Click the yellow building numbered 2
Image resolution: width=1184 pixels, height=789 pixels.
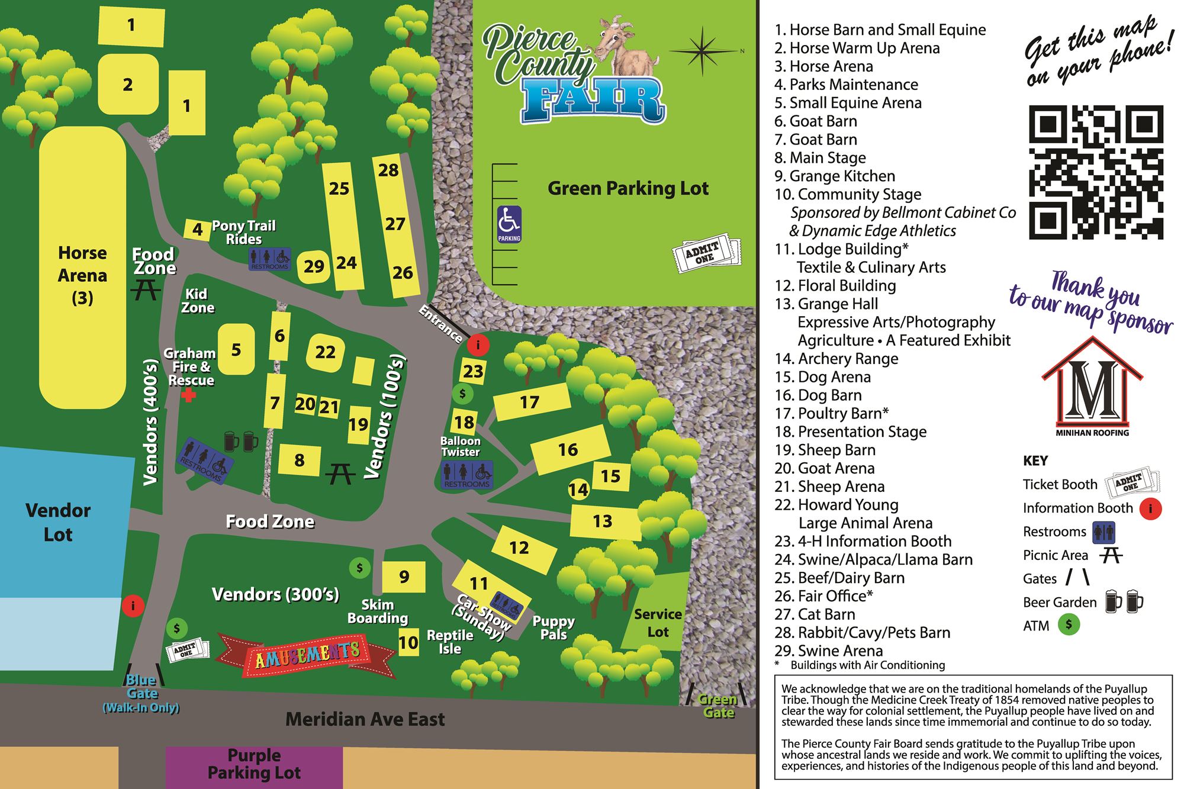coord(128,84)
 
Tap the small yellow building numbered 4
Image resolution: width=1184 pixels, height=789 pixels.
coord(197,229)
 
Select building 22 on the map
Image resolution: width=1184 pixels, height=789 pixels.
coord(325,353)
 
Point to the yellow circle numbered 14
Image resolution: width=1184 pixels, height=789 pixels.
coord(578,489)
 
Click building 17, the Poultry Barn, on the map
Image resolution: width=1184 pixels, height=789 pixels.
coord(530,402)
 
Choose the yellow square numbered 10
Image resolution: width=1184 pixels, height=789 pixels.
coord(408,642)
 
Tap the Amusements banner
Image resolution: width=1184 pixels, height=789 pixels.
coord(307,655)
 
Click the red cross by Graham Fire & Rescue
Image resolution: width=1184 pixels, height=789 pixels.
coord(189,395)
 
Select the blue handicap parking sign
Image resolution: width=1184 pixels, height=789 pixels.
coord(509,224)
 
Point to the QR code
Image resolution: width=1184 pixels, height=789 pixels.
coord(1096,172)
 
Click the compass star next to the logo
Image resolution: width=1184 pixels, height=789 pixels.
coord(702,51)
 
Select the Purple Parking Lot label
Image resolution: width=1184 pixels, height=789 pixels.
coord(254,764)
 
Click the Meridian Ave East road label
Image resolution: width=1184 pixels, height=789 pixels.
coord(365,719)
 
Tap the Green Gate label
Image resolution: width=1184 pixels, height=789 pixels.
coord(718,706)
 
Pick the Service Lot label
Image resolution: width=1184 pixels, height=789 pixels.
coord(658,623)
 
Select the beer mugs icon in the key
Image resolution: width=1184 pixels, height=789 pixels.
coord(1124,602)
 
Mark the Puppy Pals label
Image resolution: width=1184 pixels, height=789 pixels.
coord(554,627)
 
